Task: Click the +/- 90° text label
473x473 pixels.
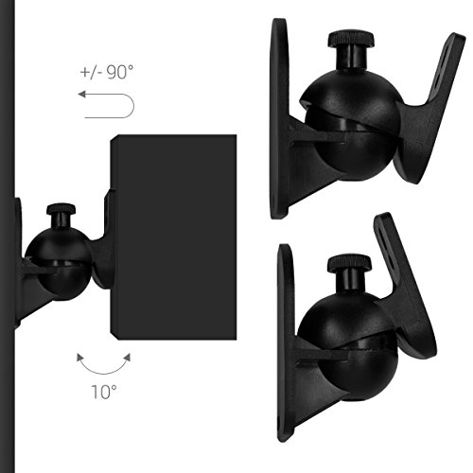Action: [x=107, y=72]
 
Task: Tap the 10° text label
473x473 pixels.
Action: [x=104, y=392]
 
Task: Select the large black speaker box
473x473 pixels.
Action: [x=173, y=237]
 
